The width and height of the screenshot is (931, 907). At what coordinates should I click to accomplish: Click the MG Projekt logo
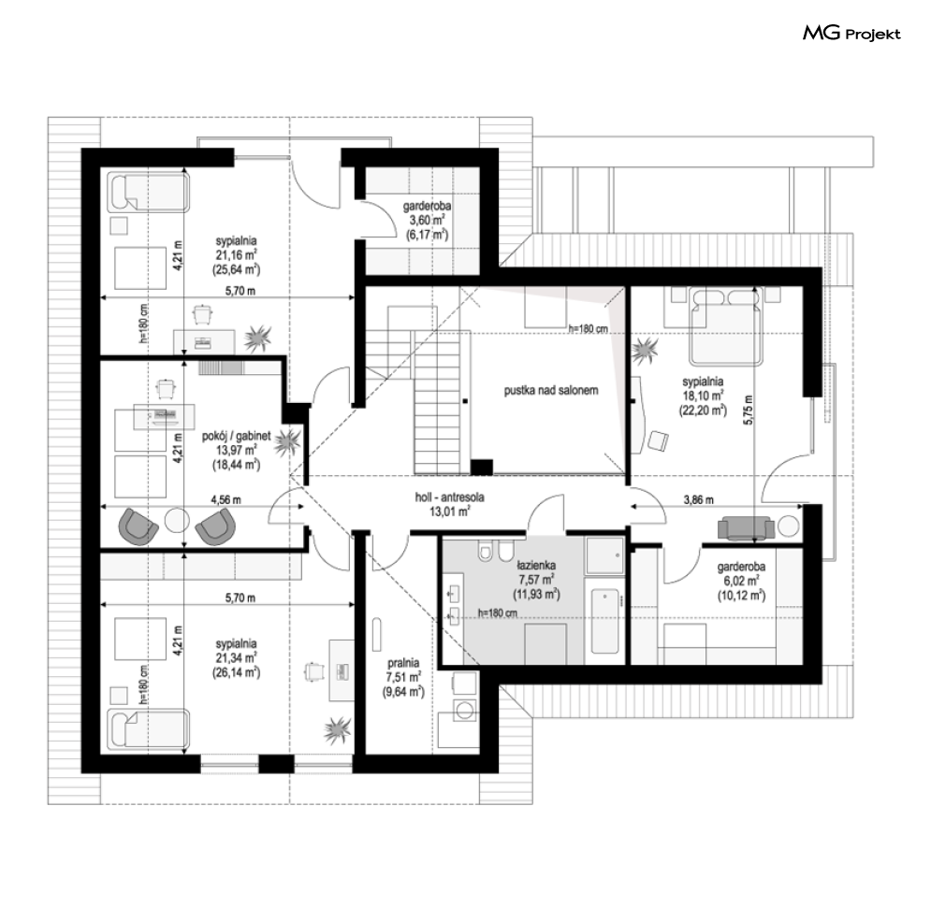point(851,34)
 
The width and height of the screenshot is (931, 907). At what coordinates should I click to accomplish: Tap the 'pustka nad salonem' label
point(551,390)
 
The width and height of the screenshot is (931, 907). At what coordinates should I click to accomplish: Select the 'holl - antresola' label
point(449,497)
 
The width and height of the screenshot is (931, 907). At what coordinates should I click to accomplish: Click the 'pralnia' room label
point(403,663)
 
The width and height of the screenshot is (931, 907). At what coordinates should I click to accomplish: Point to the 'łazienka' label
point(535,566)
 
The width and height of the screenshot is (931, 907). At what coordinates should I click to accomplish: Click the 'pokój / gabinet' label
point(237,436)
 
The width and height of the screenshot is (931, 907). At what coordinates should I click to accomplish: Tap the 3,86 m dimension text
point(698,499)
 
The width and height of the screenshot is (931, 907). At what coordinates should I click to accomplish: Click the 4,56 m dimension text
point(226,499)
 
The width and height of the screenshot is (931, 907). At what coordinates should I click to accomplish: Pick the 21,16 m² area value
point(237,255)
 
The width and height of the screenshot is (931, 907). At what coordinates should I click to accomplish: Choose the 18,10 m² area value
point(703,396)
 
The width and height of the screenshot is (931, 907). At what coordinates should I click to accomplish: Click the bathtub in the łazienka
point(604,621)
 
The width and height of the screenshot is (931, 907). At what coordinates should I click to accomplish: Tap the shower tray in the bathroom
point(604,555)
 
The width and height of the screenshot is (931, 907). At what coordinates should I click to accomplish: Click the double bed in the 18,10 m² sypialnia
point(725,326)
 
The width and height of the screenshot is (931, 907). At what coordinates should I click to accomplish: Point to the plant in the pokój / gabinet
point(288,441)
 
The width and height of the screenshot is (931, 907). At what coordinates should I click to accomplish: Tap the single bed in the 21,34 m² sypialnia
point(149,728)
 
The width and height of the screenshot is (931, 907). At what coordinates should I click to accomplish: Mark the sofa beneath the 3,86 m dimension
point(746,528)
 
